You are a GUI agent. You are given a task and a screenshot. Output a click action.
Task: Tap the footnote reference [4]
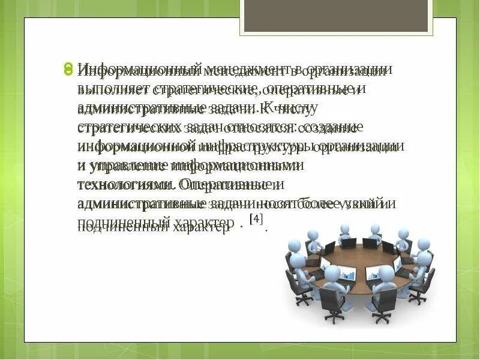click(x=256, y=220)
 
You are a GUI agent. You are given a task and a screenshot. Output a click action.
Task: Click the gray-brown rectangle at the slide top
click(x=335, y=16)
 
